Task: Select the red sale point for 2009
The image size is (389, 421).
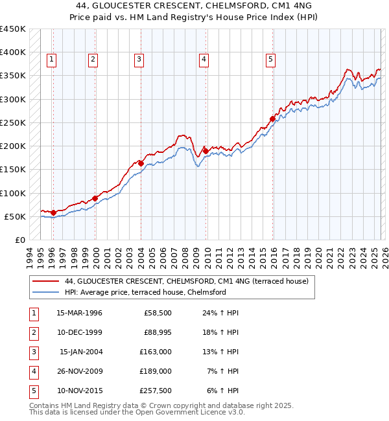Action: tap(205, 151)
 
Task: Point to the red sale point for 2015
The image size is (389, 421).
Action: tap(272, 119)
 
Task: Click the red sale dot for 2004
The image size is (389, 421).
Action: tap(141, 163)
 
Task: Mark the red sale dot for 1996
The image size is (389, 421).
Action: tap(53, 212)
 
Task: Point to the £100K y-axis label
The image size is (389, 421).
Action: tap(12, 193)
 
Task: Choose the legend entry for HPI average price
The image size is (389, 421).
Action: tap(145, 292)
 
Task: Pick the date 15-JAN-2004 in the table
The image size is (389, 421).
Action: tap(80, 352)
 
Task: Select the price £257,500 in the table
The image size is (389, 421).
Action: tap(156, 391)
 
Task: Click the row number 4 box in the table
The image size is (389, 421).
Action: tap(32, 371)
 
